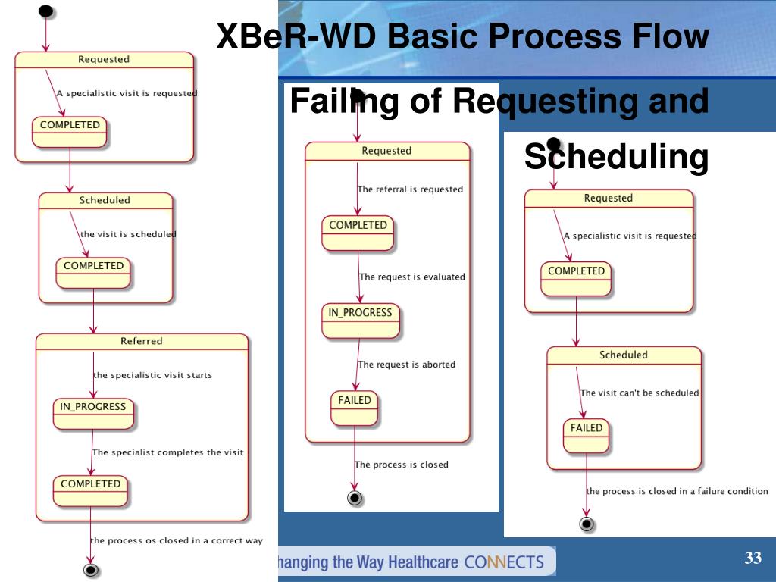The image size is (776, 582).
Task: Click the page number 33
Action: pos(753,559)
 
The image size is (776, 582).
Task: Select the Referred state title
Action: pos(142,341)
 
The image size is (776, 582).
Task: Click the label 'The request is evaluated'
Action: pos(411,277)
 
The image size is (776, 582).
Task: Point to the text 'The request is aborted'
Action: pos(407,365)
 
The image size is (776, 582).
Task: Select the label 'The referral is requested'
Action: pos(410,189)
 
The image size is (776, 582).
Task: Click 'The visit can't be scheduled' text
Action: pos(640,393)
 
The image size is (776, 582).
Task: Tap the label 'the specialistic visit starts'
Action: pos(152,375)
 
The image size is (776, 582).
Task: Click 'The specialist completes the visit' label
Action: pos(167,452)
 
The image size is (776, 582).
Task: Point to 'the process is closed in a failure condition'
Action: pos(677,491)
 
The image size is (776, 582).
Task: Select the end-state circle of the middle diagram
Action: pos(354,498)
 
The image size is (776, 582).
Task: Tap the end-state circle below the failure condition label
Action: pos(586,524)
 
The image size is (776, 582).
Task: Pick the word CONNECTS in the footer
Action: pos(504,562)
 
